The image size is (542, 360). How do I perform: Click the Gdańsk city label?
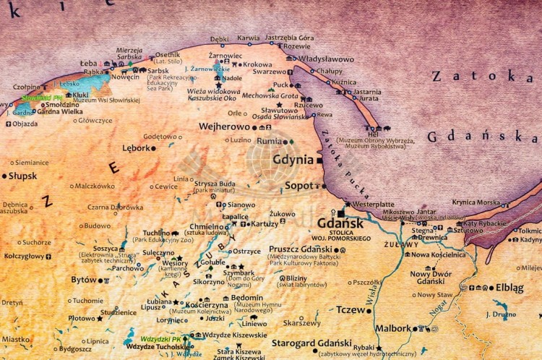click(x=340, y=224)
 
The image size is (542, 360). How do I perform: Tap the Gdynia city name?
click(x=293, y=160)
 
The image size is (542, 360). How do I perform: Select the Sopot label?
click(x=299, y=186)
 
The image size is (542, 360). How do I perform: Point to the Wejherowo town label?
click(x=224, y=127)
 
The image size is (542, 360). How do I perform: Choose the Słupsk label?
click(x=23, y=176)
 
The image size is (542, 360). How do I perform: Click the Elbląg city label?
click(x=509, y=288)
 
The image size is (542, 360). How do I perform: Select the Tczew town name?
click(x=351, y=309)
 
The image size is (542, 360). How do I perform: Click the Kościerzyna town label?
click(x=207, y=305)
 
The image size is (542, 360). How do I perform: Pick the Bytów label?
click(x=83, y=280)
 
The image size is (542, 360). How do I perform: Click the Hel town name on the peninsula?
click(x=373, y=134)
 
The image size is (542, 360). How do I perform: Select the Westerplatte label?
click(x=374, y=205)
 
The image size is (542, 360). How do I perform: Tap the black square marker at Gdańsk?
click(x=342, y=213)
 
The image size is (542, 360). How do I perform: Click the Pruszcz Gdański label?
click(x=301, y=249)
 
